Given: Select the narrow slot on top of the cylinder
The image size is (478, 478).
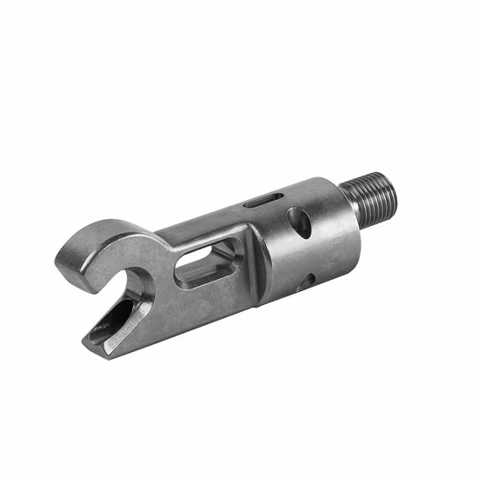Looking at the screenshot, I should tap(256, 202).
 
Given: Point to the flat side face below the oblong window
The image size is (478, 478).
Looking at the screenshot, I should tap(204, 304).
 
